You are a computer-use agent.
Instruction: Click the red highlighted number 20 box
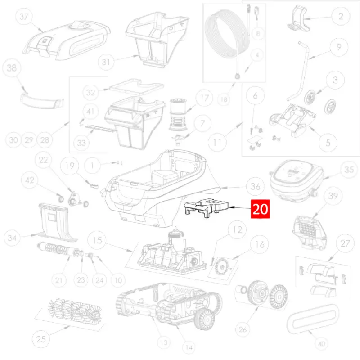tap(260, 209)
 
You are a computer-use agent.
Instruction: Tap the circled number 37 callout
tap(24, 17)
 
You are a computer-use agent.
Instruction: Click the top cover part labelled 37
tap(67, 41)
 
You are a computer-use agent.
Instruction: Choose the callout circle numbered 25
tap(41, 339)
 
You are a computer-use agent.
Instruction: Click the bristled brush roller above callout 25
tap(74, 310)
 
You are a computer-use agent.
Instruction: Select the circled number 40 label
tap(321, 344)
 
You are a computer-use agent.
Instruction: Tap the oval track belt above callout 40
tap(313, 319)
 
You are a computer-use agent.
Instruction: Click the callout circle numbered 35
tap(349, 170)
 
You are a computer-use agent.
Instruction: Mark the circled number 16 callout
tap(260, 244)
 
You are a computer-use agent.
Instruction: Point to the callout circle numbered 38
tap(12, 68)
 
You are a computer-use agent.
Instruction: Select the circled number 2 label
tap(341, 16)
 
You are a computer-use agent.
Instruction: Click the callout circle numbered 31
tap(106, 62)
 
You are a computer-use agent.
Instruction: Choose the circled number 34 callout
tap(12, 238)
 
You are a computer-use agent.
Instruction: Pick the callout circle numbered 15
tap(97, 240)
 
